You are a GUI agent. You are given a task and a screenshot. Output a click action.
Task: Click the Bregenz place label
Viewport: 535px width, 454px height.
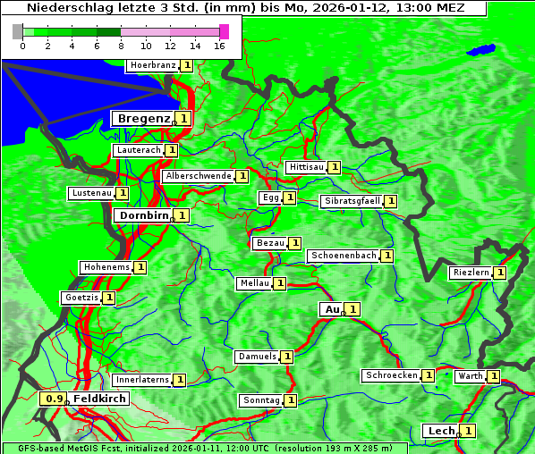click(x=142, y=118)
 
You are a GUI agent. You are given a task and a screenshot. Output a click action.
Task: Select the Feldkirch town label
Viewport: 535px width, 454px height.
click(x=99, y=399)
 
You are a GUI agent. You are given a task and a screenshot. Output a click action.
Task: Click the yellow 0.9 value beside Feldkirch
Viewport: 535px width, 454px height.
click(x=55, y=399)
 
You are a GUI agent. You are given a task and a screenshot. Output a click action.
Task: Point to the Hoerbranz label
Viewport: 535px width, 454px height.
click(x=152, y=65)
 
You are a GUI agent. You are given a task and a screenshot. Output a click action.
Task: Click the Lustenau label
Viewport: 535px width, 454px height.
click(x=91, y=193)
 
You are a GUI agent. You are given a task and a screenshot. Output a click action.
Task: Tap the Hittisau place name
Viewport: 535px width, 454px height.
click(x=306, y=167)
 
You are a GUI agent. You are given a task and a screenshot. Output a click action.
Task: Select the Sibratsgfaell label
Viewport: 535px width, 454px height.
click(x=352, y=201)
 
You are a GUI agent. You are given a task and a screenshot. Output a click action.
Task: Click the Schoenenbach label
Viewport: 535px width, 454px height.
click(x=344, y=256)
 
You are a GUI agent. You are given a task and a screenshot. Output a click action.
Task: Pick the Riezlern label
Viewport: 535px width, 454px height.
click(x=471, y=273)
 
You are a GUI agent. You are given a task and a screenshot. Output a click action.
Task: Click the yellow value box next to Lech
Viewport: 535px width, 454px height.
click(x=467, y=431)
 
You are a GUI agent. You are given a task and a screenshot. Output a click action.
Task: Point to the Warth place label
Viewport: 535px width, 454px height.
click(x=471, y=376)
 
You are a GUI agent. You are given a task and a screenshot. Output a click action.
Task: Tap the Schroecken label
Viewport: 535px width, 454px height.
click(x=392, y=375)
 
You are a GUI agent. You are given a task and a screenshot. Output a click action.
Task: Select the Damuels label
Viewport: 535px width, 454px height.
click(x=257, y=357)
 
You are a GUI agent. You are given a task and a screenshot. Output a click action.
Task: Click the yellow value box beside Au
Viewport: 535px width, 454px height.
click(x=353, y=309)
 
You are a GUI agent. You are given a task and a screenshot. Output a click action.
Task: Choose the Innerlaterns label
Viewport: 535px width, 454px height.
click(x=142, y=380)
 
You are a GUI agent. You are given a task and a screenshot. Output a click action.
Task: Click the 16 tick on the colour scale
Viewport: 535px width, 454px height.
click(x=220, y=46)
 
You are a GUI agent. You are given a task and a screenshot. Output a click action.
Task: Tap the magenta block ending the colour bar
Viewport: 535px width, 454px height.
click(x=224, y=31)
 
